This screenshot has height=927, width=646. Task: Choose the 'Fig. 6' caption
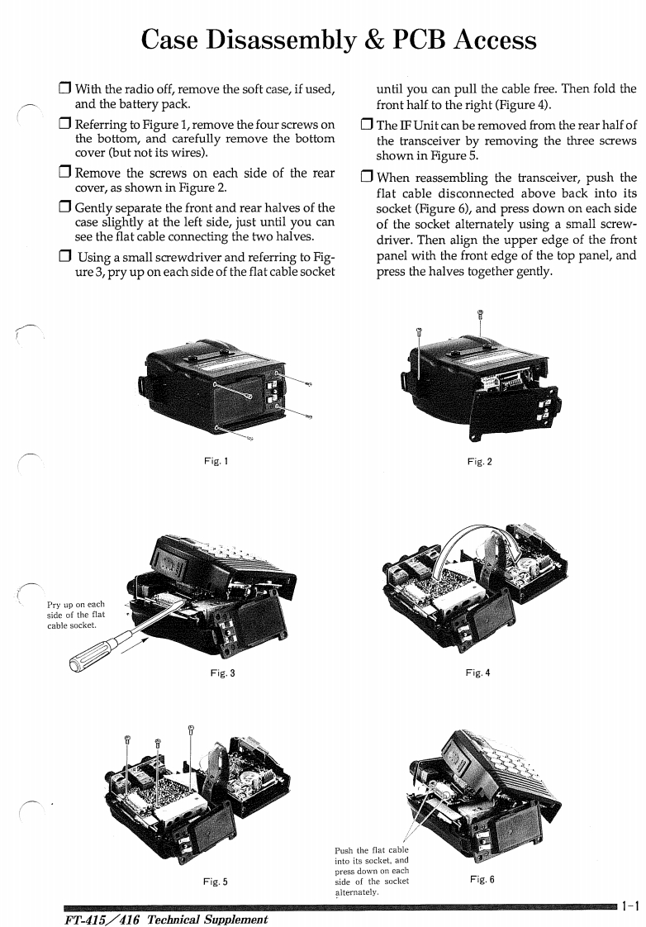[481, 879]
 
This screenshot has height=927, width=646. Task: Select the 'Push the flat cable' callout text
[372, 871]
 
